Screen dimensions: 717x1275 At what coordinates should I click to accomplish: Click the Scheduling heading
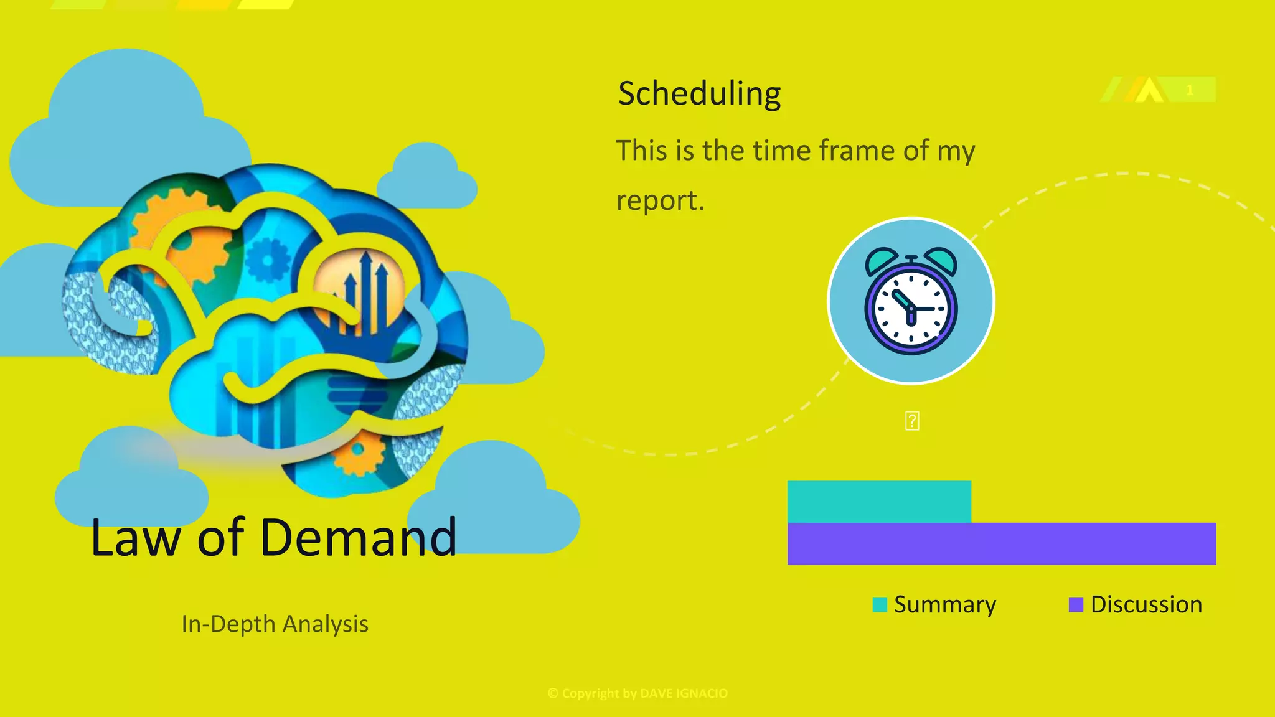tap(699, 94)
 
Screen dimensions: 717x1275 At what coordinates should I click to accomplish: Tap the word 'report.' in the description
tap(660, 201)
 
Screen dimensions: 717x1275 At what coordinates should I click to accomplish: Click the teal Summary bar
tap(878, 502)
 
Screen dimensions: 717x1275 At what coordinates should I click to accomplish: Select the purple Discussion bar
tap(1001, 544)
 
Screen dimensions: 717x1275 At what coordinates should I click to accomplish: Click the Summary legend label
tap(944, 605)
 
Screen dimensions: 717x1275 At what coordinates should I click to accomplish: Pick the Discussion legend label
tap(1146, 605)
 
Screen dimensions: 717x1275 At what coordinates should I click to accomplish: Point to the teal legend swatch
tap(880, 604)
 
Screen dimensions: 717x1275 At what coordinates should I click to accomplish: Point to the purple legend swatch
tap(1076, 604)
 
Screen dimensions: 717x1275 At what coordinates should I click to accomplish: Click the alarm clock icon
tap(911, 301)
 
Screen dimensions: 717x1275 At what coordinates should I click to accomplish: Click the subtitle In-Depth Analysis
tap(275, 624)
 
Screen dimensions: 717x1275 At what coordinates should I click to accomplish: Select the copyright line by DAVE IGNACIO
tap(637, 693)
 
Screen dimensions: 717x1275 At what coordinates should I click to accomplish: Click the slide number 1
tap(1189, 90)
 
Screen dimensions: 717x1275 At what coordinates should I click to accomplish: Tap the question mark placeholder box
tap(912, 421)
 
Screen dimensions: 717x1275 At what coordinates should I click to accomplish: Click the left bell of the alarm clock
tap(880, 260)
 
